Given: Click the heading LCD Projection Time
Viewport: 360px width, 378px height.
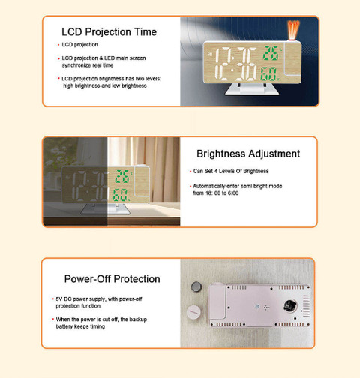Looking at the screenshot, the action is (109, 32).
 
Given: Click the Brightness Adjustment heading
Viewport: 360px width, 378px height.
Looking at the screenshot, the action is (248, 154).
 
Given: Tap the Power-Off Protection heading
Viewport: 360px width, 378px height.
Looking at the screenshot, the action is (112, 279).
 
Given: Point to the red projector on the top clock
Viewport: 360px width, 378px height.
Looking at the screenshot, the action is (293, 30).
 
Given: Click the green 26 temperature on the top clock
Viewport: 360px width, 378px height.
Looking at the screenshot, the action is (271, 52).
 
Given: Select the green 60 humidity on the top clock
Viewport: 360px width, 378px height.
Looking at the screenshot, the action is (268, 73).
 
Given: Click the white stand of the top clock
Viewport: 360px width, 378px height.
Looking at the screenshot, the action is (252, 89).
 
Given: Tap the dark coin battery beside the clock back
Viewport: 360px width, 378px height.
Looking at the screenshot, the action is (196, 286).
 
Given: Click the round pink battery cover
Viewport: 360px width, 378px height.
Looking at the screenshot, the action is (193, 312).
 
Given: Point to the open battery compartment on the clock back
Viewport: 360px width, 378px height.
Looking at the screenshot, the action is (289, 305).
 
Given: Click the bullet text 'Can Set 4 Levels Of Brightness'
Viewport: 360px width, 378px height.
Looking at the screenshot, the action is (231, 171).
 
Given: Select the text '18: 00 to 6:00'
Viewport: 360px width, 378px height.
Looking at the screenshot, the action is (221, 193).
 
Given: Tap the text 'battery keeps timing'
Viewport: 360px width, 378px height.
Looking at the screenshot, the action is (80, 326).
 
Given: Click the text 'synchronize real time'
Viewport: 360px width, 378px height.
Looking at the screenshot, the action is (88, 65).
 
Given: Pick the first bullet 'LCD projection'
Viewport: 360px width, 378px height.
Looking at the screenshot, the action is (79, 45).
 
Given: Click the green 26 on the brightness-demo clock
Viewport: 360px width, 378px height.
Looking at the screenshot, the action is (122, 176).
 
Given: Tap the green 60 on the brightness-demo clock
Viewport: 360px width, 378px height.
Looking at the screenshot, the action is (120, 195).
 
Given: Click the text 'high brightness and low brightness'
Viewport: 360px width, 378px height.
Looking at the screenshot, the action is (105, 85).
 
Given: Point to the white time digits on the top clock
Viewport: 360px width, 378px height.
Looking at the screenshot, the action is (235, 64).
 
